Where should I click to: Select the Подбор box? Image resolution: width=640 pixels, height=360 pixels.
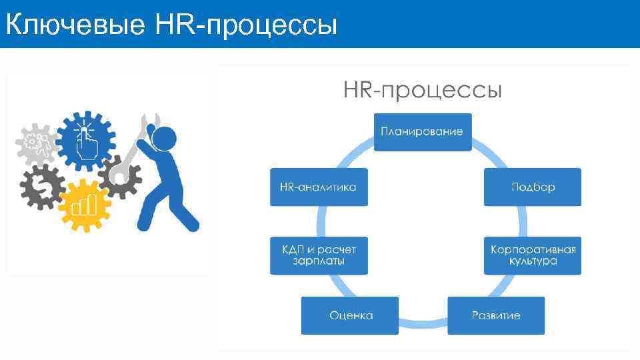(533, 187)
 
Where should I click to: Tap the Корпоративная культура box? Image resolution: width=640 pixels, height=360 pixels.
(533, 255)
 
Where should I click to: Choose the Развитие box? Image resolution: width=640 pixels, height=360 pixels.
(496, 315)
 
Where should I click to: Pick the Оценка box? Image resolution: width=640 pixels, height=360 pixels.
(350, 315)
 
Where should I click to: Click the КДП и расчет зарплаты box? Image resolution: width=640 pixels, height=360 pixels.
(319, 255)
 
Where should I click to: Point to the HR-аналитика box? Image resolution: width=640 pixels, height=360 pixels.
(319, 187)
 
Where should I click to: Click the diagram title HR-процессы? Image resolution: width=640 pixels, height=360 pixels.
(422, 89)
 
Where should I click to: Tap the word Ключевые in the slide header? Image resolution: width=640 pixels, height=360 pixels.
(75, 25)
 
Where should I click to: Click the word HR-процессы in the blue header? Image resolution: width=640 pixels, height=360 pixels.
(247, 25)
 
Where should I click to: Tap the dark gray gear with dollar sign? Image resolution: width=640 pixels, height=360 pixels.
(42, 188)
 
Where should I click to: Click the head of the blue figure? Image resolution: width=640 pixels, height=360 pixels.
(163, 139)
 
